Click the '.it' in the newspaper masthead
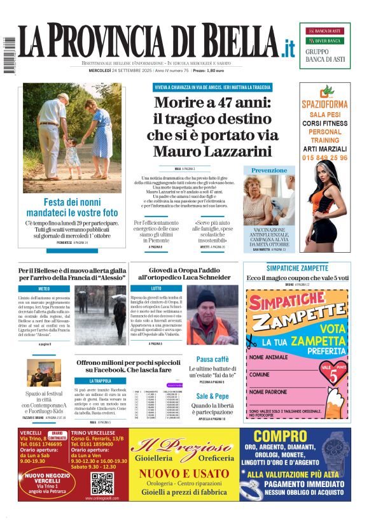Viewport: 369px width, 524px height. pyautogui.click(x=288, y=48)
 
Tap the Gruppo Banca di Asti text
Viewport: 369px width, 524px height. pyautogui.click(x=324, y=55)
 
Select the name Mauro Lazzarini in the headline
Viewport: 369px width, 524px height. pyautogui.click(x=212, y=152)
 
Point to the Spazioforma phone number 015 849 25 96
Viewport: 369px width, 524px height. pyautogui.click(x=325, y=158)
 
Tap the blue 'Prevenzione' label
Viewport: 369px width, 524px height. pyautogui.click(x=269, y=171)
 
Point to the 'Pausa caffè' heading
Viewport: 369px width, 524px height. pyautogui.click(x=212, y=359)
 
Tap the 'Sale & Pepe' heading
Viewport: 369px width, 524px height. pyautogui.click(x=212, y=395)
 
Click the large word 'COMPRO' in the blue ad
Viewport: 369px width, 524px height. pyautogui.click(x=281, y=437)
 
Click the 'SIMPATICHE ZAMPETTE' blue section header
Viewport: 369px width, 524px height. pyautogui.click(x=297, y=267)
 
